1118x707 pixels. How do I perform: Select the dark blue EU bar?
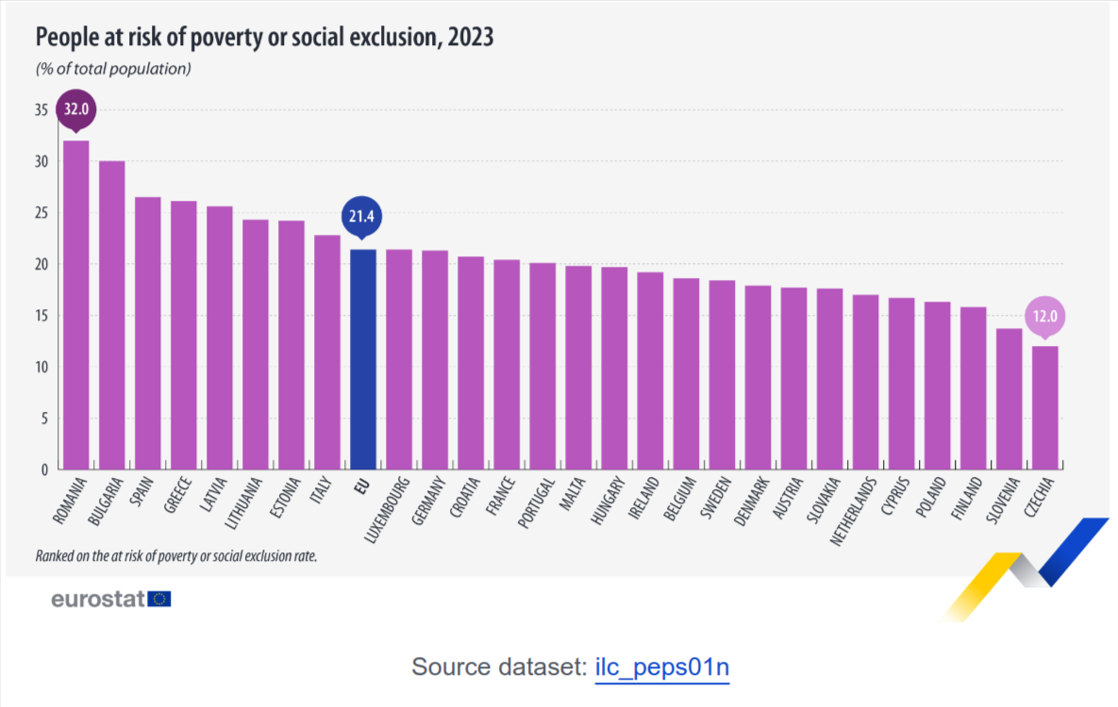click(x=363, y=359)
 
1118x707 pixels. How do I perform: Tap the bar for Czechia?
click(x=1044, y=407)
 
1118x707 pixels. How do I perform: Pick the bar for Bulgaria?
click(x=111, y=315)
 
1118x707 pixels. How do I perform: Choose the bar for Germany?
click(x=435, y=359)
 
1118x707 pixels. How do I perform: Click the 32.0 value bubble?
click(x=75, y=109)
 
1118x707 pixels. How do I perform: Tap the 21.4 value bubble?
click(x=363, y=217)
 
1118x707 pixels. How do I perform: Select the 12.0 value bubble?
click(x=1044, y=316)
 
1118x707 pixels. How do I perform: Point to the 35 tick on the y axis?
click(x=41, y=110)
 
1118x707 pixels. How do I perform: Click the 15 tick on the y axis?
click(x=41, y=316)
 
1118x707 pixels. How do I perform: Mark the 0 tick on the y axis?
click(x=43, y=469)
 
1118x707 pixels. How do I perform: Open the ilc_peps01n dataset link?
click(x=662, y=667)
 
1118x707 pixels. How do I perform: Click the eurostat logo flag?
click(x=159, y=599)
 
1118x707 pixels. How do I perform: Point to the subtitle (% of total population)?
click(x=113, y=69)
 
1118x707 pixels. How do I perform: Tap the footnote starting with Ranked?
click(x=175, y=556)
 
